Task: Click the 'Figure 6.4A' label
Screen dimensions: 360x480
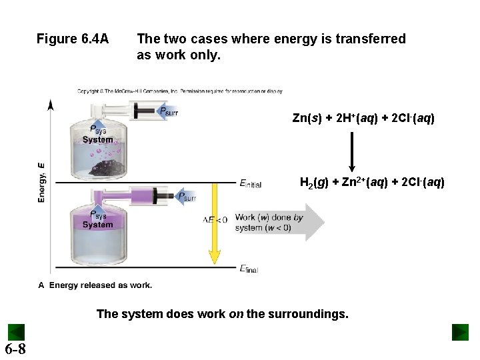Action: point(73,39)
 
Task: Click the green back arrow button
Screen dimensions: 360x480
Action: point(16,332)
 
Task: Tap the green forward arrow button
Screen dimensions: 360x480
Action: point(460,332)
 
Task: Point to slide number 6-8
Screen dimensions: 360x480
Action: point(15,349)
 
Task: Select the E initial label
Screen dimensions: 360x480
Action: point(251,184)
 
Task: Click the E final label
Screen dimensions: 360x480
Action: point(249,269)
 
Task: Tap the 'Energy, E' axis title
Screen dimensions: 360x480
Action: point(42,182)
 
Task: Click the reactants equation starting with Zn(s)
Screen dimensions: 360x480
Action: point(363,119)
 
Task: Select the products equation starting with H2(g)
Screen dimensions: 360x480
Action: point(372,182)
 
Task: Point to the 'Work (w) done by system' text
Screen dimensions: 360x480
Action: point(269,222)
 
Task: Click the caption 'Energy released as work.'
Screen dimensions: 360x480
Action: point(100,285)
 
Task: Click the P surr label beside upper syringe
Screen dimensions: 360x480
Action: point(168,112)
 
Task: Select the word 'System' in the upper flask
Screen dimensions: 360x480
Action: point(97,140)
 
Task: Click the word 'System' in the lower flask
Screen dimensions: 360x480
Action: point(97,225)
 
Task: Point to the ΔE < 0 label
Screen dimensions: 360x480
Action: point(215,219)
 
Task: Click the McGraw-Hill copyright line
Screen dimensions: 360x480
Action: point(180,91)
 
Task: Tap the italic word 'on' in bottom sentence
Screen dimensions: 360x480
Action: point(236,313)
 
